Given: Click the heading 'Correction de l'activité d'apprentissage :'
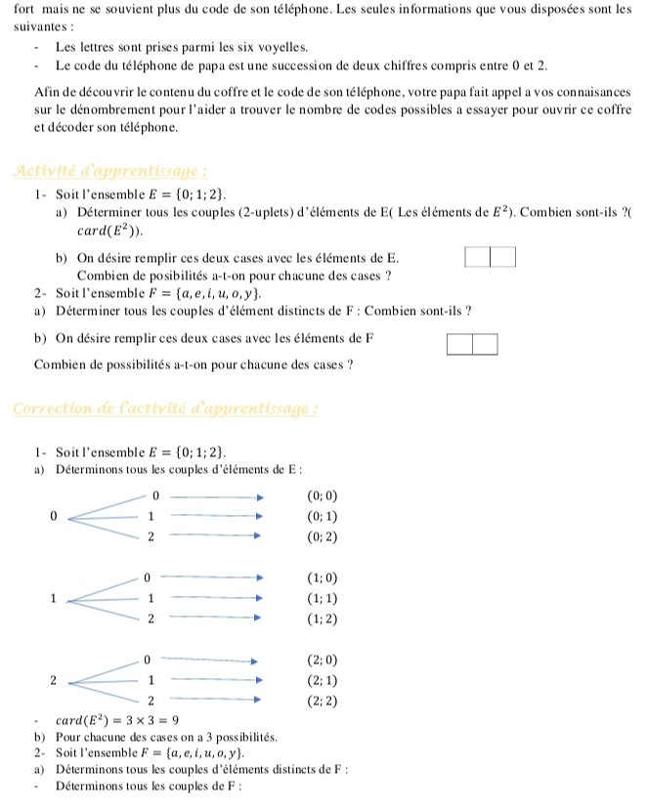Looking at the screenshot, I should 165,407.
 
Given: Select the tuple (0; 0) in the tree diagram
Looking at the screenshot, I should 323,496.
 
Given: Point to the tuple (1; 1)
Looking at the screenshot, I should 323,599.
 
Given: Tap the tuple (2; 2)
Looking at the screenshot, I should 323,701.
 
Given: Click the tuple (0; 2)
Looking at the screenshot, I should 323,537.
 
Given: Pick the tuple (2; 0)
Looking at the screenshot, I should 323,660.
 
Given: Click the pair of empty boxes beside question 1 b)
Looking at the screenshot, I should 490,258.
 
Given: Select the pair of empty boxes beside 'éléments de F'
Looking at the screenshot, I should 472,344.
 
